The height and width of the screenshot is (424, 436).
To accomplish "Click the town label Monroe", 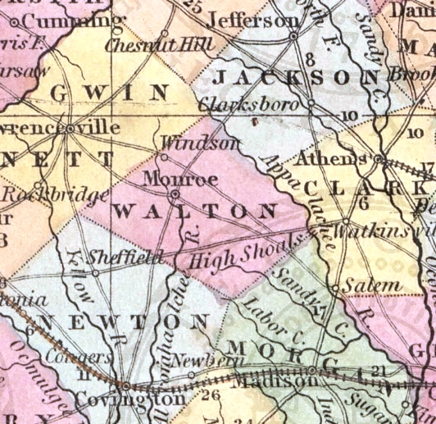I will pos(169,177).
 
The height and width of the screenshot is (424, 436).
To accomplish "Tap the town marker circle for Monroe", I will pos(175,194).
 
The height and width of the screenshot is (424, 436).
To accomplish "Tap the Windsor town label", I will pos(200,143).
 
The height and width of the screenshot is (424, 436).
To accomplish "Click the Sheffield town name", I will pos(125,255).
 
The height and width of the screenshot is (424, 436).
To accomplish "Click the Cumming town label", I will pos(65,18).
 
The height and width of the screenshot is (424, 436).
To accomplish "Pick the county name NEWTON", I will pos(121,319).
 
